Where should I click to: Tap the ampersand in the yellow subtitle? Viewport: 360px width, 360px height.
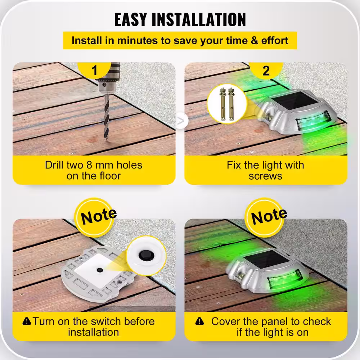pos(255,40)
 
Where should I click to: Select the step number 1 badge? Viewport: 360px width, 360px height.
pos(94,70)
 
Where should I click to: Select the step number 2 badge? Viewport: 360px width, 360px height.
pos(266,70)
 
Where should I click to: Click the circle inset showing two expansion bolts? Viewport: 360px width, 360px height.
pos(227,104)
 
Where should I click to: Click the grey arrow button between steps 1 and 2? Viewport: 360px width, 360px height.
pos(181,121)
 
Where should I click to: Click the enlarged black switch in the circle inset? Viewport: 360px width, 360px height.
pos(146,255)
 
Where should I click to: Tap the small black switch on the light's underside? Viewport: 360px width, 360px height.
pos(100,270)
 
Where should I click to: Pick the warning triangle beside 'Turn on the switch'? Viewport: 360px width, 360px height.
pos(27,321)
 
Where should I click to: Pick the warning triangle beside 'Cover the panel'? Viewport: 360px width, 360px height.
pos(199,321)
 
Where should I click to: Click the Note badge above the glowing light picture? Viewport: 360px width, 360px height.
pos(267,217)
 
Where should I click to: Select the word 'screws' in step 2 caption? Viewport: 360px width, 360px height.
pos(265,176)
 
